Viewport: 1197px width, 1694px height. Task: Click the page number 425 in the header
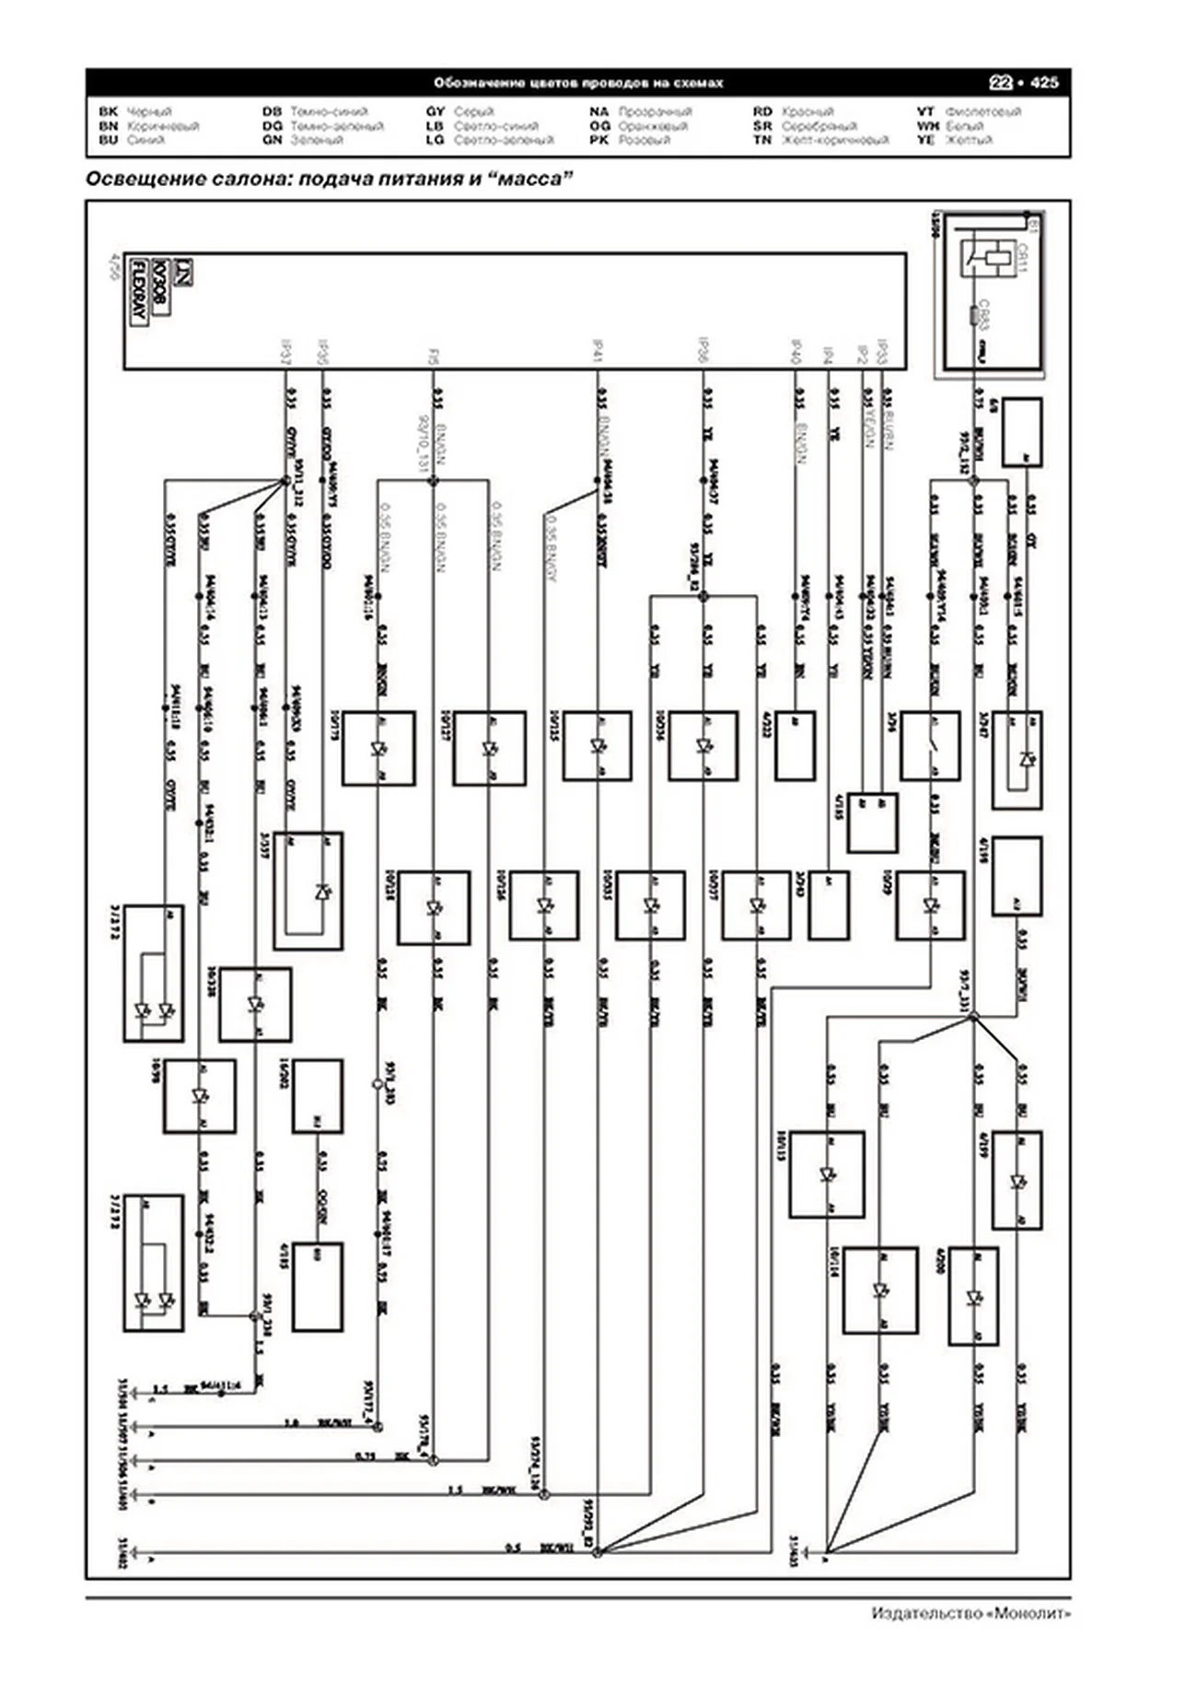click(1044, 83)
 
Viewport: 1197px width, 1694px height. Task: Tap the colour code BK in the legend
click(108, 111)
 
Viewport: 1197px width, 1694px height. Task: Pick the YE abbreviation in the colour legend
click(925, 140)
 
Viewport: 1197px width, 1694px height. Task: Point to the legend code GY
click(435, 111)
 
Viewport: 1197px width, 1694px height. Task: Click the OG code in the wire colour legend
click(599, 126)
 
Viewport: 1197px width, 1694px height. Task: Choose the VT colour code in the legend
click(925, 111)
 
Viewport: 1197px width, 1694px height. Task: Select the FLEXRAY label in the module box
click(139, 290)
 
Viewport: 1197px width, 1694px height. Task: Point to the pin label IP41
click(598, 354)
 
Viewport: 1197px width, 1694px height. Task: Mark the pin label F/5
click(434, 356)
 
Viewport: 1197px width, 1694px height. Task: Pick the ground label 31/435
click(794, 1548)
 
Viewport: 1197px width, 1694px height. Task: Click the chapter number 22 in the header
click(1001, 83)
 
